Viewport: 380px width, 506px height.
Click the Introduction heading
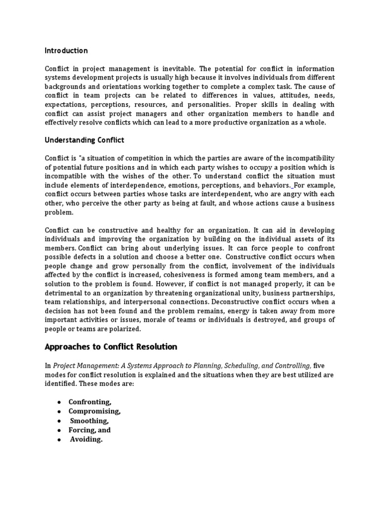(x=66, y=51)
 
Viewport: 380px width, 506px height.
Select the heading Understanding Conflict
(x=85, y=140)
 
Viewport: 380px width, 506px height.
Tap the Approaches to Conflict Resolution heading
(x=111, y=347)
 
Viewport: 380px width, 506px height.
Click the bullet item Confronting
(x=90, y=402)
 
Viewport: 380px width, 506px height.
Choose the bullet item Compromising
(x=95, y=412)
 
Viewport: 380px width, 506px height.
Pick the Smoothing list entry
(x=89, y=421)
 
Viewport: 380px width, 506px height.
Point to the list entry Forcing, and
(x=90, y=430)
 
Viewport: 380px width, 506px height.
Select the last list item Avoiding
(x=86, y=439)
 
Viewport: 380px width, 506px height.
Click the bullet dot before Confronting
(x=59, y=402)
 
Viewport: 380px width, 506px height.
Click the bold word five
(x=320, y=366)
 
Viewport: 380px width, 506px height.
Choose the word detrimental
(x=64, y=293)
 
